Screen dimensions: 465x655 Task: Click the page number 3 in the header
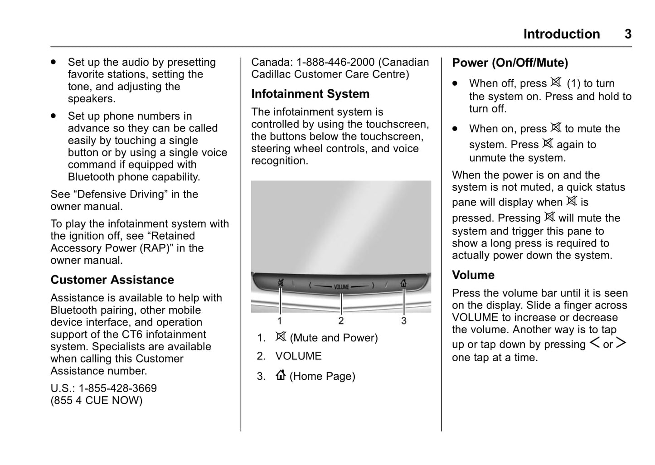coord(628,34)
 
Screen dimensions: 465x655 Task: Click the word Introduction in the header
coord(561,34)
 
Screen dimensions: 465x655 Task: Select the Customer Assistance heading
coord(112,280)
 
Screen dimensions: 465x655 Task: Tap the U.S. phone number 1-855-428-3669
coord(117,388)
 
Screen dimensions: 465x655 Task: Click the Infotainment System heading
coord(310,94)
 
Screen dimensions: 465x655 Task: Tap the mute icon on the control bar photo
coord(281,284)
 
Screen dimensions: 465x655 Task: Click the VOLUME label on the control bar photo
coord(341,287)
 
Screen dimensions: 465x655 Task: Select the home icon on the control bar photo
coord(403,284)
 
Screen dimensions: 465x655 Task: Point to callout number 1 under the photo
coord(280,321)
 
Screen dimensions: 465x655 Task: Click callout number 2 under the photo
coord(341,321)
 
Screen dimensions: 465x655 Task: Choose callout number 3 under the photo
coord(403,321)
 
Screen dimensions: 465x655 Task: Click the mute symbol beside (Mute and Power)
coord(281,337)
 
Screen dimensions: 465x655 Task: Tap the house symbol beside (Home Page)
coord(281,375)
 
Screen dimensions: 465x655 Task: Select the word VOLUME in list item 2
coord(298,356)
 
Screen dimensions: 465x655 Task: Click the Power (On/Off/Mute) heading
coord(510,63)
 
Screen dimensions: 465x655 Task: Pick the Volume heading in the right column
coord(473,275)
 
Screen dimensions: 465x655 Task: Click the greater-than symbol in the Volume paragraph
coord(621,343)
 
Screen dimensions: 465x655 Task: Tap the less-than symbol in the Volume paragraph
coord(594,343)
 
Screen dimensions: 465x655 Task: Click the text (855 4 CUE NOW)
coord(96,401)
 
